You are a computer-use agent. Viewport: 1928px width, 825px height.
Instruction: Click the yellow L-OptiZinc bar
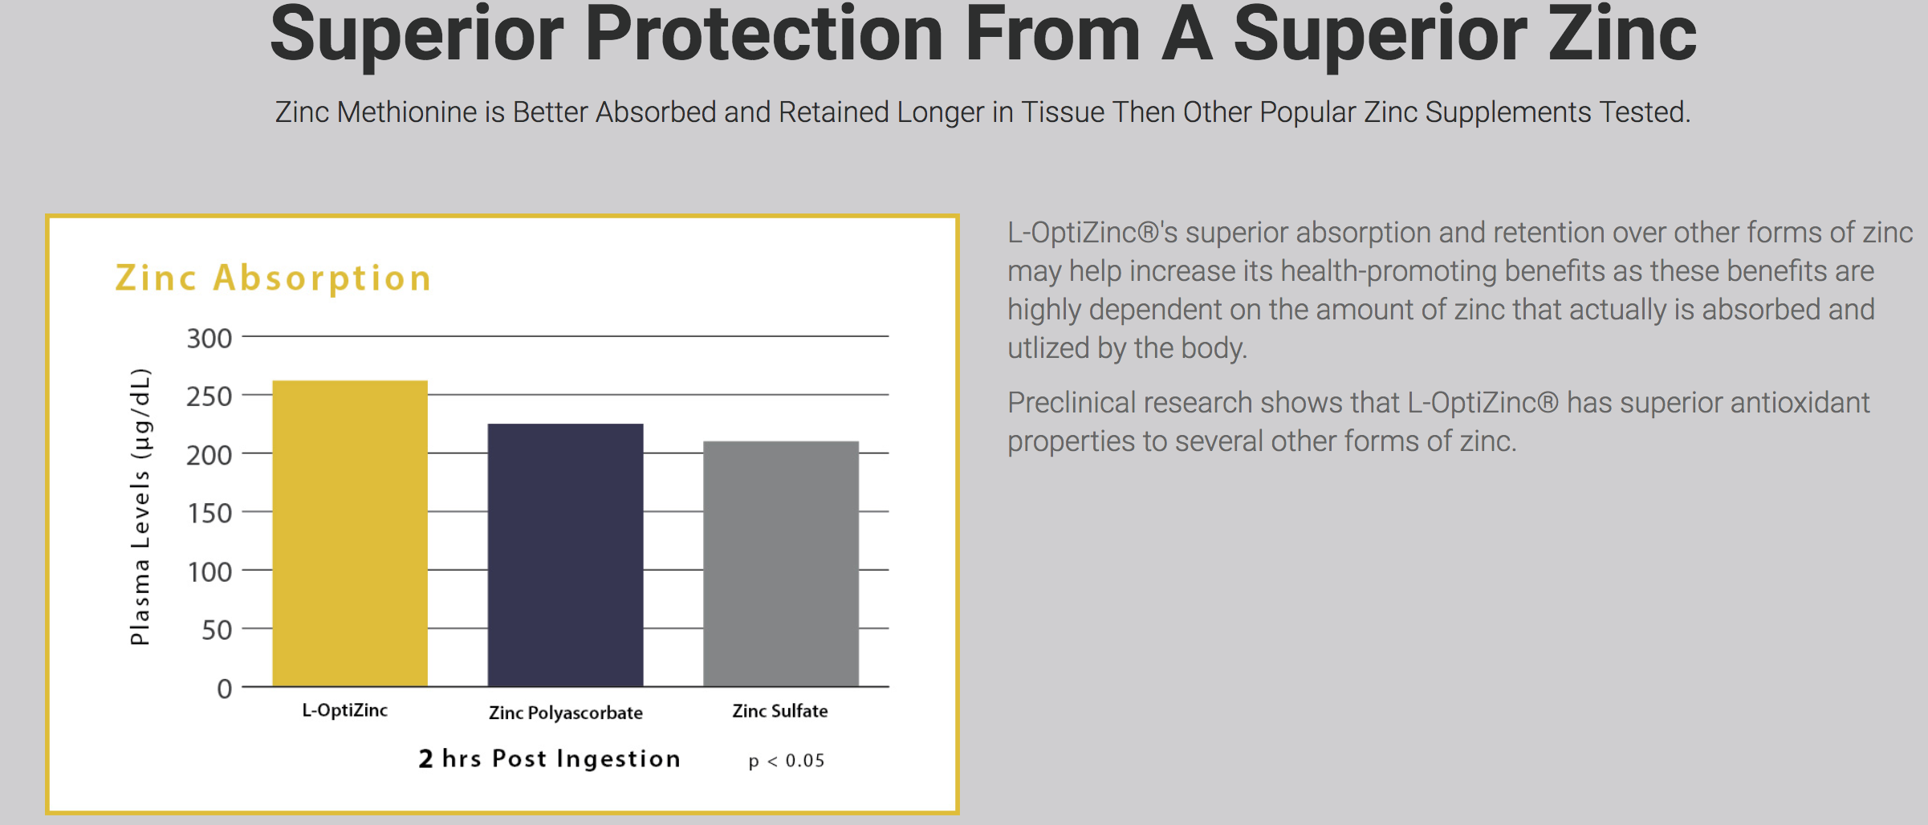tap(350, 533)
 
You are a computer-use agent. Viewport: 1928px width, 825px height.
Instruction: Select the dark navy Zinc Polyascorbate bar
tap(565, 555)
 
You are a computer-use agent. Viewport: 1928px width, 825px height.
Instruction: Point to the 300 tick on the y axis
tap(209, 339)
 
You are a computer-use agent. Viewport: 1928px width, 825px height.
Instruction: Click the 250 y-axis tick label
tap(209, 396)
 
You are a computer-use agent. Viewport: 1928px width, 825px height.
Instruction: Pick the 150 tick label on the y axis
tap(209, 514)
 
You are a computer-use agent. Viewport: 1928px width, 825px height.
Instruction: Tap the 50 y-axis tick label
tap(217, 631)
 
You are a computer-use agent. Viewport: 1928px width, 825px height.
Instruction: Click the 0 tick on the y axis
tap(225, 689)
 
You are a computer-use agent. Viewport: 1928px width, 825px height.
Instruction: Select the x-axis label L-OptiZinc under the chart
tap(344, 710)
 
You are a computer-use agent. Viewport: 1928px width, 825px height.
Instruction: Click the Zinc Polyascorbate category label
tap(565, 713)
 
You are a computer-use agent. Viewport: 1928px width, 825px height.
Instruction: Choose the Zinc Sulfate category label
tap(779, 711)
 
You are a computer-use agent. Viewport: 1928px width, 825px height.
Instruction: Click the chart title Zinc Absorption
tap(273, 278)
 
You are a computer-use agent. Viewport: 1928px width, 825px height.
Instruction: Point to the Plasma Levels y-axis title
tap(140, 506)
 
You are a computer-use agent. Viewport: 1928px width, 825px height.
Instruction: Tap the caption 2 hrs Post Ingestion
tap(549, 758)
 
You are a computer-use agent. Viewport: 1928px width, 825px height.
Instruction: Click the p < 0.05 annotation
tap(786, 761)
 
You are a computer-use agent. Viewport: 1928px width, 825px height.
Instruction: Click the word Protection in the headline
tap(763, 36)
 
